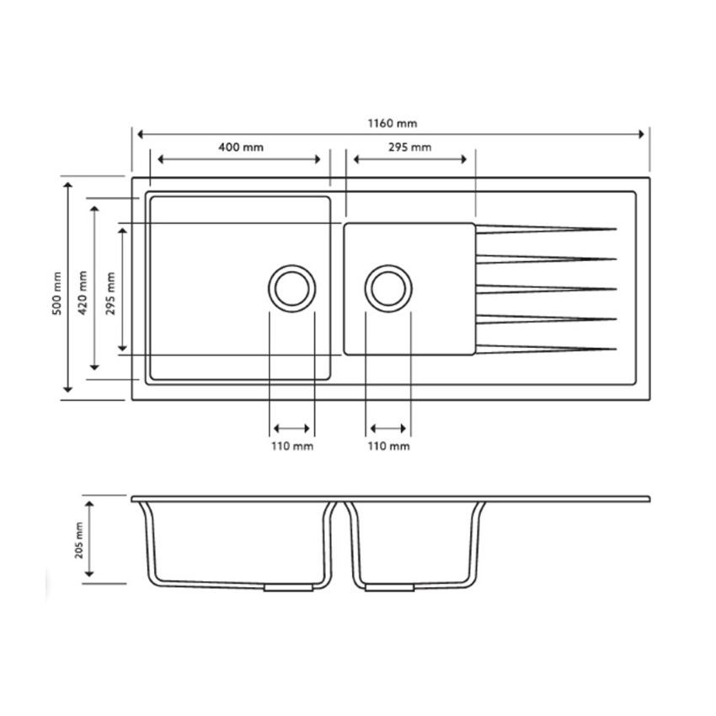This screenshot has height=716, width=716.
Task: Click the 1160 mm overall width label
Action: click(x=392, y=124)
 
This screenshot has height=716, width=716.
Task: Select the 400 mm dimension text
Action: click(x=240, y=147)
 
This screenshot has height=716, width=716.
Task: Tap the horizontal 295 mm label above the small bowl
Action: click(x=409, y=147)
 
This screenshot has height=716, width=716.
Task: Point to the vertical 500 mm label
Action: click(x=56, y=292)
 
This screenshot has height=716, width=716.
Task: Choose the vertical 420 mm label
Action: click(x=83, y=292)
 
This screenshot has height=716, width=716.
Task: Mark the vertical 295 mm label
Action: click(x=110, y=292)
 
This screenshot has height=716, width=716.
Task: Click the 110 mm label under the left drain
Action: click(x=292, y=446)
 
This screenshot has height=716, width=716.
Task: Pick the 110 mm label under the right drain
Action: click(x=388, y=446)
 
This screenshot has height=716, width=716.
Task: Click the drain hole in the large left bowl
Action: click(x=292, y=287)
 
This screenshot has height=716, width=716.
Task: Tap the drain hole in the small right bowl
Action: click(x=388, y=287)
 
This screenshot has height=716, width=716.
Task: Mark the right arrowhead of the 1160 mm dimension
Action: click(x=644, y=134)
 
